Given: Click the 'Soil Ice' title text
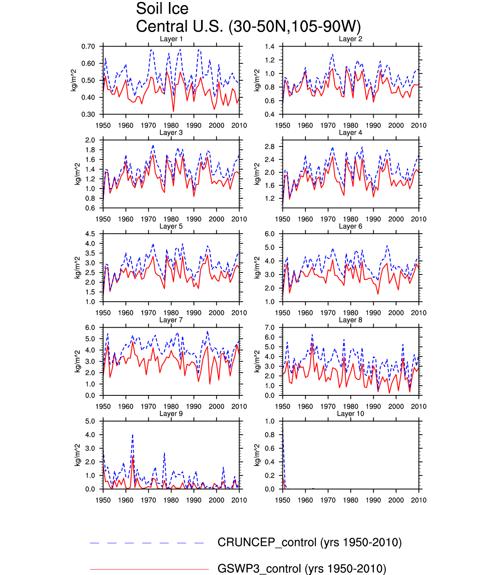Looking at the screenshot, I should pyautogui.click(x=162, y=9).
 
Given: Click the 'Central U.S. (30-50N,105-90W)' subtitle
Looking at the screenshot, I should pyautogui.click(x=248, y=26).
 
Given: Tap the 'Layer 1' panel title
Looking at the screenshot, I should pyautogui.click(x=171, y=39).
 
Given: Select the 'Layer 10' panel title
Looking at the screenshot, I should pyautogui.click(x=350, y=414).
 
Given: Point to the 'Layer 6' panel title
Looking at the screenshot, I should pyautogui.click(x=350, y=226).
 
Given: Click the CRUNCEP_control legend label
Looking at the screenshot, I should pyautogui.click(x=309, y=542).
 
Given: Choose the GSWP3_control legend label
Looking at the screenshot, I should pyautogui.click(x=302, y=569).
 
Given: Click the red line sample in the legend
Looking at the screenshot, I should pyautogui.click(x=149, y=569).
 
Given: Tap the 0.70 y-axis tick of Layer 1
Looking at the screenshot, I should pyautogui.click(x=88, y=47).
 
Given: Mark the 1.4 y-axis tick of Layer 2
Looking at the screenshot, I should pyautogui.click(x=270, y=47).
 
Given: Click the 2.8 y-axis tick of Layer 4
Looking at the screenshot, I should pyautogui.click(x=270, y=146).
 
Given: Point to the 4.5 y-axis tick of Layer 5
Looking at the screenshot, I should pyautogui.click(x=90, y=234).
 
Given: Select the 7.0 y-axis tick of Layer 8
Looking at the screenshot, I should pyautogui.click(x=270, y=328).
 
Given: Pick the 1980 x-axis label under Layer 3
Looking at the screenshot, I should pyautogui.click(x=171, y=219).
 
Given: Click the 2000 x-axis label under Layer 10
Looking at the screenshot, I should pyautogui.click(x=396, y=500).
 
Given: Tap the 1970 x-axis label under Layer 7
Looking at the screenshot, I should pyautogui.click(x=148, y=406).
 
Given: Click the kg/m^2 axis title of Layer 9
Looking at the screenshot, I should pyautogui.click(x=78, y=455).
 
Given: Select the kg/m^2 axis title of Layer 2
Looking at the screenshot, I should pyautogui.click(x=257, y=80).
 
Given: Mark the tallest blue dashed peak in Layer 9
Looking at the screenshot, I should pyautogui.click(x=132, y=435).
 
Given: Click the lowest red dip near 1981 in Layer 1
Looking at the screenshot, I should pyautogui.click(x=173, y=111).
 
